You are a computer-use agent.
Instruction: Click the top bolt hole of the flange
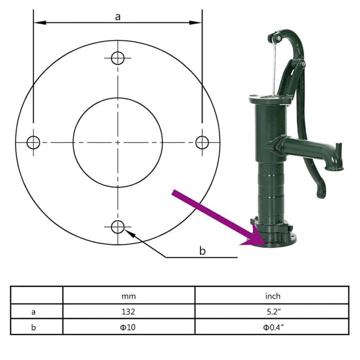(118, 58)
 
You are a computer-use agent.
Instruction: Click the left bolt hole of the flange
(33, 142)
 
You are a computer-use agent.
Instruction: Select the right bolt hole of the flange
(202, 142)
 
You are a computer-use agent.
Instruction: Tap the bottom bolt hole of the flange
(118, 227)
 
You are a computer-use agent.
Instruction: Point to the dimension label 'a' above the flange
(118, 17)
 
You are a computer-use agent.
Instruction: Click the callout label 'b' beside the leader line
(202, 251)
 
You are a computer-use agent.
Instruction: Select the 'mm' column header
(129, 296)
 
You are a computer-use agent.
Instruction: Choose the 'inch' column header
(272, 296)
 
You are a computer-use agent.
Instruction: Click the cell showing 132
(129, 311)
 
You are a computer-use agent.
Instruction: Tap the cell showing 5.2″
(272, 311)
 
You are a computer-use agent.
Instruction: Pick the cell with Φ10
(129, 327)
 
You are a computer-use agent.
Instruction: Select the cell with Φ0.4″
(272, 327)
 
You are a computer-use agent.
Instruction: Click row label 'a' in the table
(34, 311)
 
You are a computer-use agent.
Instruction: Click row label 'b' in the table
(34, 327)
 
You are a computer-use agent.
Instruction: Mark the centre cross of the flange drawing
(118, 142)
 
